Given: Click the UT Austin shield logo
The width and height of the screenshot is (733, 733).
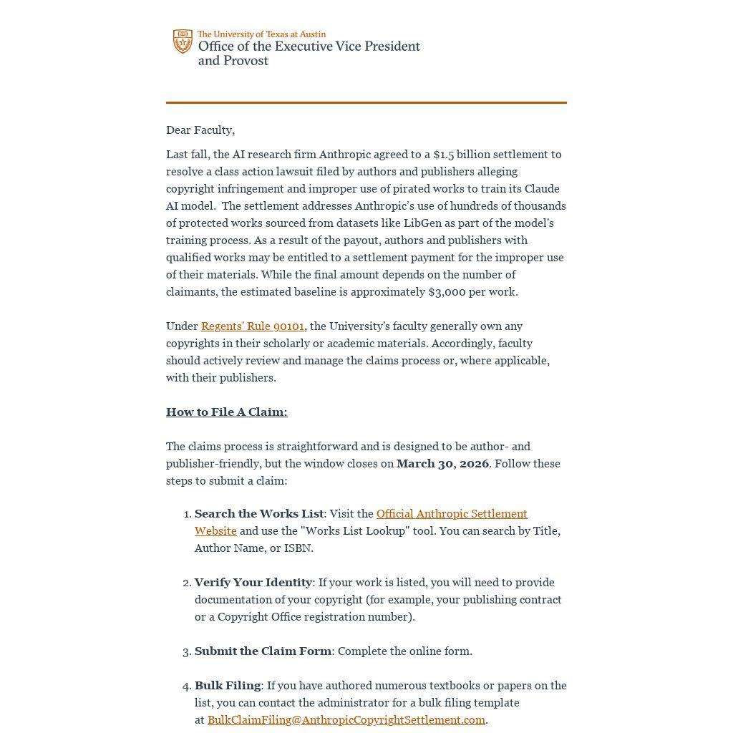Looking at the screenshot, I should [x=183, y=42].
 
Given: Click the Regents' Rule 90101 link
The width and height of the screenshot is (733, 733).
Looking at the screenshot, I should [x=253, y=326].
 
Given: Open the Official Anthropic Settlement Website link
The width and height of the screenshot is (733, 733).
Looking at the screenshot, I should [x=451, y=514].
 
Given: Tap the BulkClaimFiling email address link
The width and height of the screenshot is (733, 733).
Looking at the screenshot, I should [x=346, y=720].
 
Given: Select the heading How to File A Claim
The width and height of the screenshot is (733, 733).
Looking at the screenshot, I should [x=226, y=412].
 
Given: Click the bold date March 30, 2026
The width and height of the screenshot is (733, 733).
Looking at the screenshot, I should [x=442, y=464].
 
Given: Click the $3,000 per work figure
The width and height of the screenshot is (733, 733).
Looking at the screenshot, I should [x=472, y=292].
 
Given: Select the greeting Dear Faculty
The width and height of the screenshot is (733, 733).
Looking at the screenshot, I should [x=200, y=130].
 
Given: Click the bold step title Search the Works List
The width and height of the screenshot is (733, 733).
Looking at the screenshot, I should [x=259, y=514].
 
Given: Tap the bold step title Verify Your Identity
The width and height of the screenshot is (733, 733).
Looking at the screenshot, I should [x=253, y=583].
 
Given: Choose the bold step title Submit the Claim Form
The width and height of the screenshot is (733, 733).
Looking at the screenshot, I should [x=263, y=651].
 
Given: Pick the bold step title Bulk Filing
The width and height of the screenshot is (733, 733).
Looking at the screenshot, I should [x=228, y=686].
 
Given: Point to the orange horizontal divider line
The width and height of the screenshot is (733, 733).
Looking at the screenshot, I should [x=366, y=102].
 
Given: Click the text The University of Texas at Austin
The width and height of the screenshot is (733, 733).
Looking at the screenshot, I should [x=261, y=34].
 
